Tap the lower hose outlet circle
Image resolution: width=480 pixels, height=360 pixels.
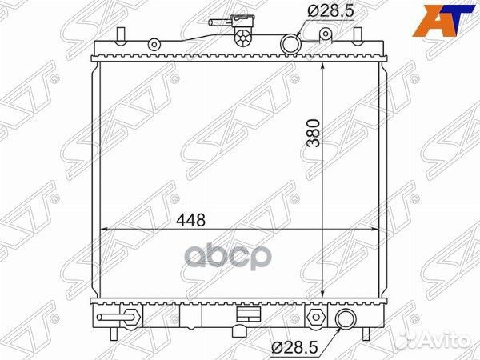pos(346,320)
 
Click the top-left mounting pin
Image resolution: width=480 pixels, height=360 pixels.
pos(119,35)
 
